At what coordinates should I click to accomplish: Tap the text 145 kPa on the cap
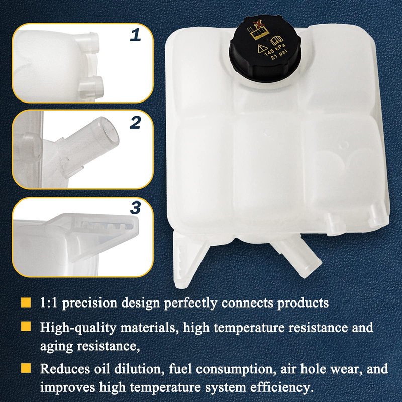point(275,50)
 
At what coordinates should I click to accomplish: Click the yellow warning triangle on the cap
point(262,48)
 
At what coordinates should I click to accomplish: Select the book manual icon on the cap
point(277,40)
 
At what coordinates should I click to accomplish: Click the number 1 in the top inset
point(135,35)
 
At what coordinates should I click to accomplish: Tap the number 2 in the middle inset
point(135,123)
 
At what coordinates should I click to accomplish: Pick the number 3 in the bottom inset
point(135,208)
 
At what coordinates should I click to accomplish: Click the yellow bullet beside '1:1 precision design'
point(26,303)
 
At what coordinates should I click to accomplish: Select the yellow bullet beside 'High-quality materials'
point(26,326)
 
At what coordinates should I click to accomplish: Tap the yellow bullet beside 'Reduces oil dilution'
point(26,368)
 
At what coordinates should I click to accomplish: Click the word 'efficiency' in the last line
point(282,387)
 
